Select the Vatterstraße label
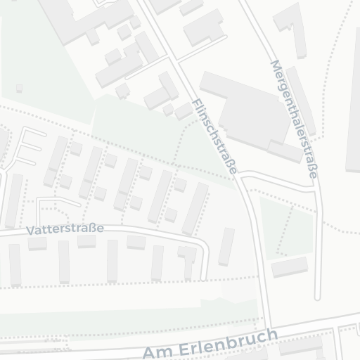(65, 229)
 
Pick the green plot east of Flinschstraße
(286, 225)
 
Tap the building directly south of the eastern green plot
(289, 266)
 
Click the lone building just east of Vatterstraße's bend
(226, 246)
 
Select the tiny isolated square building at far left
(19, 88)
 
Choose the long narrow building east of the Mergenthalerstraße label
(300, 98)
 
